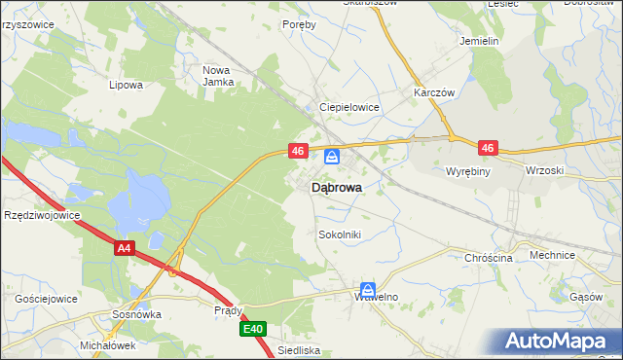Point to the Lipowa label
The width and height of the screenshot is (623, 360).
click(x=127, y=85)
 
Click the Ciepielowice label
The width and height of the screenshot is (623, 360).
click(x=349, y=108)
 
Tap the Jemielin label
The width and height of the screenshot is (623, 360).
click(x=479, y=42)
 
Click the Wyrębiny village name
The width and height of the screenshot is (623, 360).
click(x=472, y=171)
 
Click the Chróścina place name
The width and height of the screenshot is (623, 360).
click(x=489, y=258)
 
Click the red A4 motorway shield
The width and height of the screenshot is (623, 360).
click(x=124, y=249)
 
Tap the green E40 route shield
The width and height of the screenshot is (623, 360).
click(x=253, y=330)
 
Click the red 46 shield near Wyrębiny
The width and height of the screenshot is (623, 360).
click(x=488, y=149)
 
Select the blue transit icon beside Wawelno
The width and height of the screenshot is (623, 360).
click(x=368, y=289)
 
